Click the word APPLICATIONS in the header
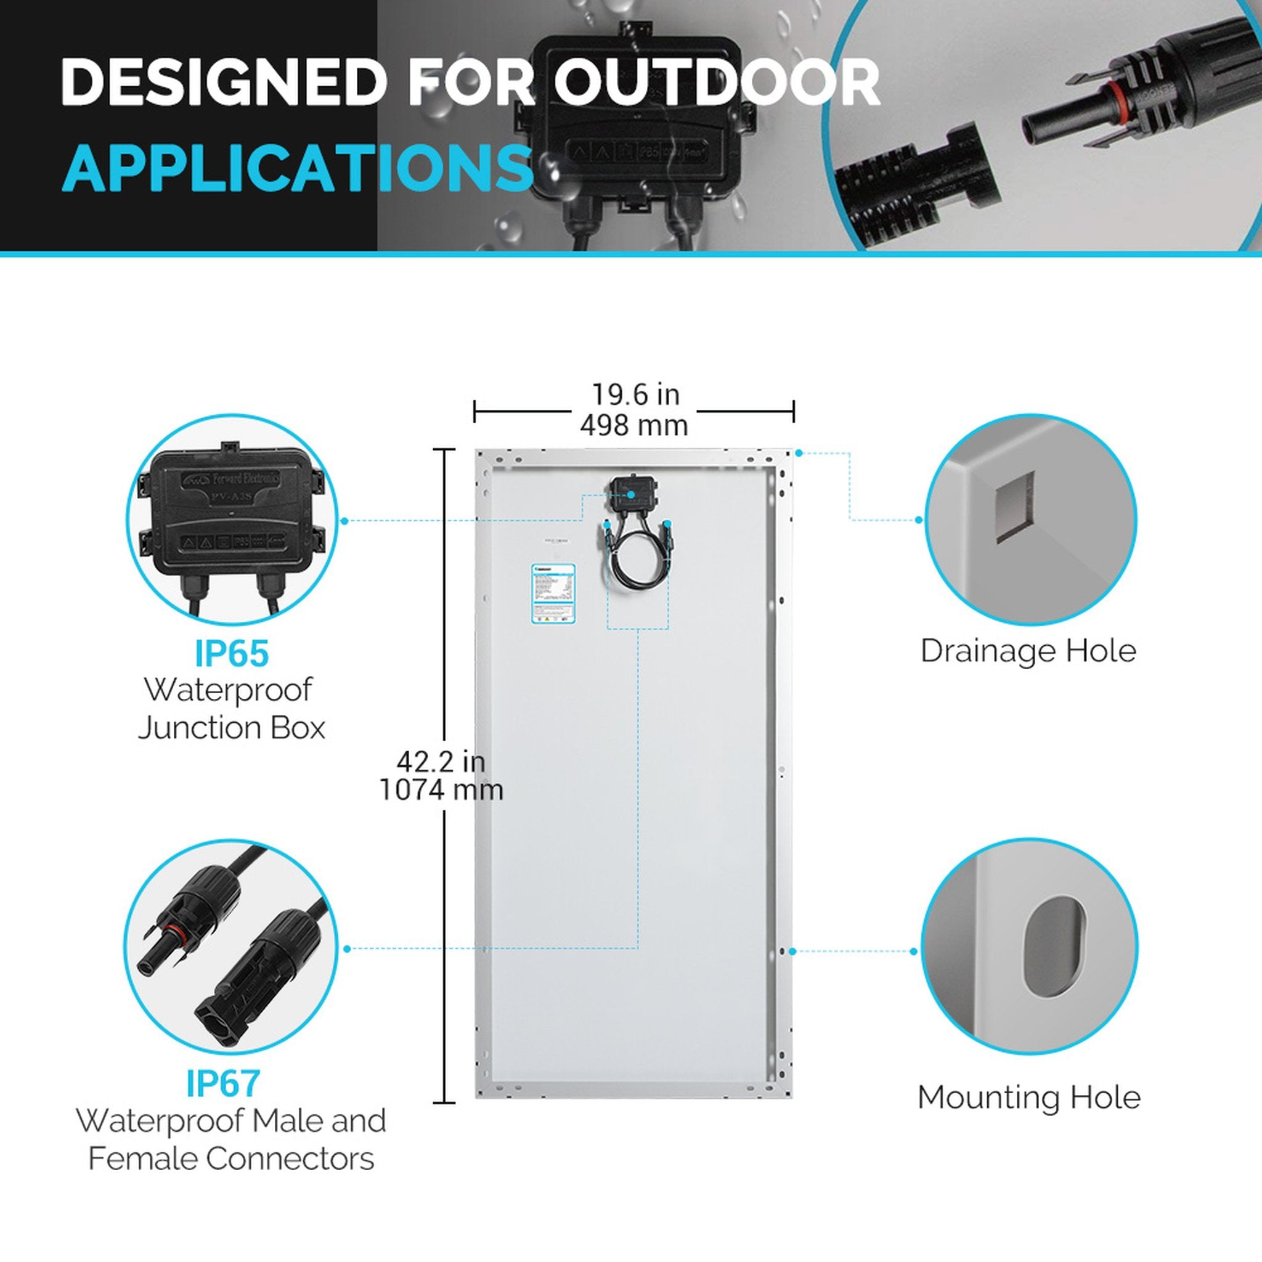(x=297, y=168)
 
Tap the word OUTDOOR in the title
(x=717, y=83)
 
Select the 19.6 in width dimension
(x=635, y=394)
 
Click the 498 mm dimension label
(x=633, y=426)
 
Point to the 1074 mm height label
(x=442, y=791)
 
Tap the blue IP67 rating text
(x=224, y=1083)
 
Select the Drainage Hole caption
(x=1028, y=651)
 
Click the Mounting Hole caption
(x=1029, y=1097)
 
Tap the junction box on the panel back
(x=633, y=493)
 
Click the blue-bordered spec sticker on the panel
(x=553, y=595)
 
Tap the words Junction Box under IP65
(x=232, y=728)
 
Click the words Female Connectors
(x=231, y=1159)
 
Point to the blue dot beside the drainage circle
(x=918, y=520)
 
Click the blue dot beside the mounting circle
(x=913, y=951)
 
